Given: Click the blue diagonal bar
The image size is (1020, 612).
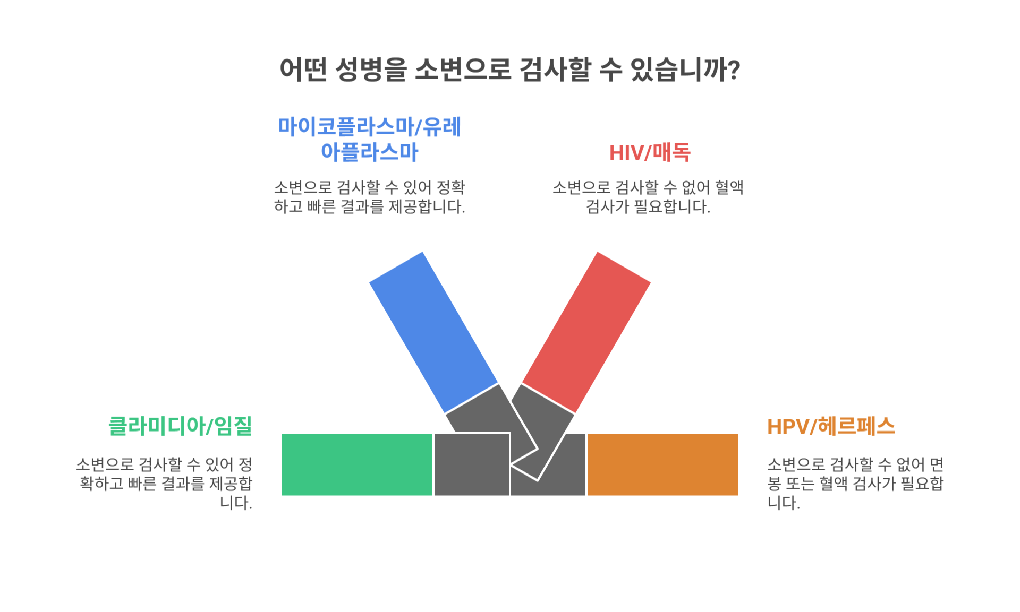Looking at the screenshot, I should tap(433, 332).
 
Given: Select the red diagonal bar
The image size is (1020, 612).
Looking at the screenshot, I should tap(586, 332).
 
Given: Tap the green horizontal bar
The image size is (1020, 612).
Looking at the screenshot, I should tap(356, 464).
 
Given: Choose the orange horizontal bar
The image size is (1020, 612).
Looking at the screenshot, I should tap(662, 464).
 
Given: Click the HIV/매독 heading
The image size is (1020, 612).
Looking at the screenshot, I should tap(649, 153).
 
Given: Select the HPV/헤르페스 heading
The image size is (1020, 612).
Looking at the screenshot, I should tap(831, 426).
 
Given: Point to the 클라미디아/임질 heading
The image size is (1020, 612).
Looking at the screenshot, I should tap(180, 426).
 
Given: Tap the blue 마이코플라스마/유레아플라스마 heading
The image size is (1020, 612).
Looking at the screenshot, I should tap(370, 139).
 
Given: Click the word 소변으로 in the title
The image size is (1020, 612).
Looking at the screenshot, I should tap(463, 70).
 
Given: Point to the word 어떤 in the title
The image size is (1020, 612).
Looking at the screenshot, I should tap(303, 70).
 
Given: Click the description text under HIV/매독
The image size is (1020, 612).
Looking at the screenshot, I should tap(648, 196).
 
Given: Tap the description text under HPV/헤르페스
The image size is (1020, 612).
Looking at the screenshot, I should tap(855, 483).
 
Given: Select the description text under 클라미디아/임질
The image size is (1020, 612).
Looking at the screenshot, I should tap(165, 483).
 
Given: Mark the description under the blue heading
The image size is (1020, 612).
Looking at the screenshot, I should tap(370, 196).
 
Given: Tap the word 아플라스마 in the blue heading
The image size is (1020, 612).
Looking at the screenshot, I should tap(370, 152).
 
